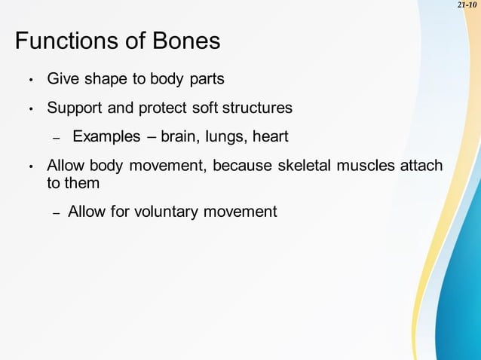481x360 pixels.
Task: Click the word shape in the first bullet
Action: (x=104, y=79)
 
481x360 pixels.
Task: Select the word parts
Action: (x=205, y=79)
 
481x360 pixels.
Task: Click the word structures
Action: (x=256, y=108)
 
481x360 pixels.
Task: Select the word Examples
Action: (x=106, y=137)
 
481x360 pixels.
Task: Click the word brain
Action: (x=177, y=137)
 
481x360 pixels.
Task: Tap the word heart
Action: (x=271, y=137)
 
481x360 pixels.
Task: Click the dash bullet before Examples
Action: (x=55, y=139)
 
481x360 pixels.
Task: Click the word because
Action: (x=239, y=166)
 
